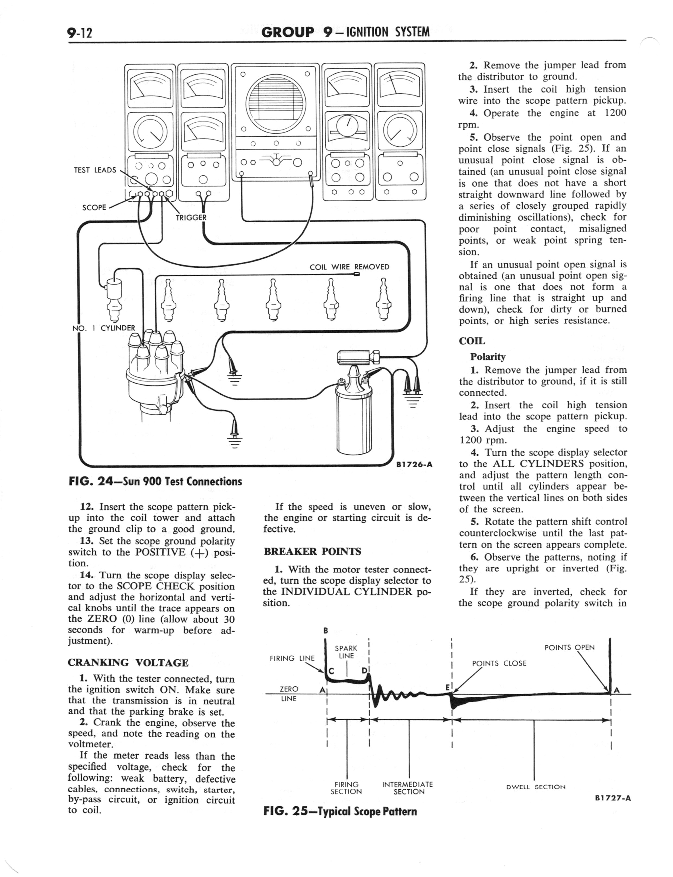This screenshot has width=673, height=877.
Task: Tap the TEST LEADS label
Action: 95,170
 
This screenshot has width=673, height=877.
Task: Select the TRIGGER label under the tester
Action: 191,218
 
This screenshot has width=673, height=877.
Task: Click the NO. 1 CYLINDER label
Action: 104,328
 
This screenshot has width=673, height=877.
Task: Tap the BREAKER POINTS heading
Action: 312,552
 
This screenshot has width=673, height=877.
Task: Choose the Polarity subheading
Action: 488,357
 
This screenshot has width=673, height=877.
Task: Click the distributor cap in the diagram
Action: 154,357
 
